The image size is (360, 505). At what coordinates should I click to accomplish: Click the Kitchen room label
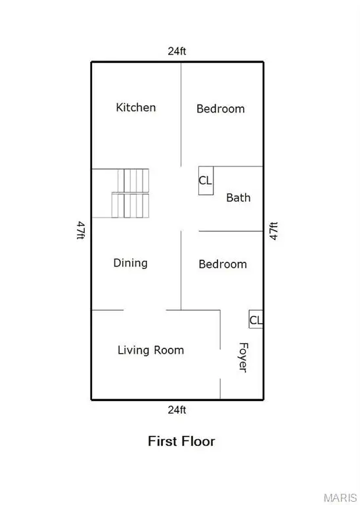[x=136, y=107]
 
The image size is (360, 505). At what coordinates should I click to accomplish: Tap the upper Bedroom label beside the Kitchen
[x=221, y=108]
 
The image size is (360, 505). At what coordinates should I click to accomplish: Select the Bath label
[x=238, y=197]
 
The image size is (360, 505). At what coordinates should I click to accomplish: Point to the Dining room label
[x=130, y=263]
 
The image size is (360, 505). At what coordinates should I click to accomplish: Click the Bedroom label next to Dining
[x=223, y=264]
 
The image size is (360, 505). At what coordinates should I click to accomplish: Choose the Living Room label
[x=150, y=350]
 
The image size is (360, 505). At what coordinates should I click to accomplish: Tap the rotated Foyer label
[x=242, y=357]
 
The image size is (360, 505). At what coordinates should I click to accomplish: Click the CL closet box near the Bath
[x=206, y=180]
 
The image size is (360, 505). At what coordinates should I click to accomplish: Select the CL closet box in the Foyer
[x=256, y=320]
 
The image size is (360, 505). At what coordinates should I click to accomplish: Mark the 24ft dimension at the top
[x=177, y=51]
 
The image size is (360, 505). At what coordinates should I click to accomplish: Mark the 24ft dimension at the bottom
[x=177, y=410]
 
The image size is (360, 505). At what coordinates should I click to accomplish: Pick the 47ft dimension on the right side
[x=274, y=231]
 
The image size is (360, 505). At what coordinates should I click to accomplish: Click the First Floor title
[x=181, y=441]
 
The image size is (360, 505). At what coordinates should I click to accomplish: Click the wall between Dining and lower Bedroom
[x=181, y=270]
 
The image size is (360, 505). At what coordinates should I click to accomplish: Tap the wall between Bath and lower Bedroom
[x=230, y=231]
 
